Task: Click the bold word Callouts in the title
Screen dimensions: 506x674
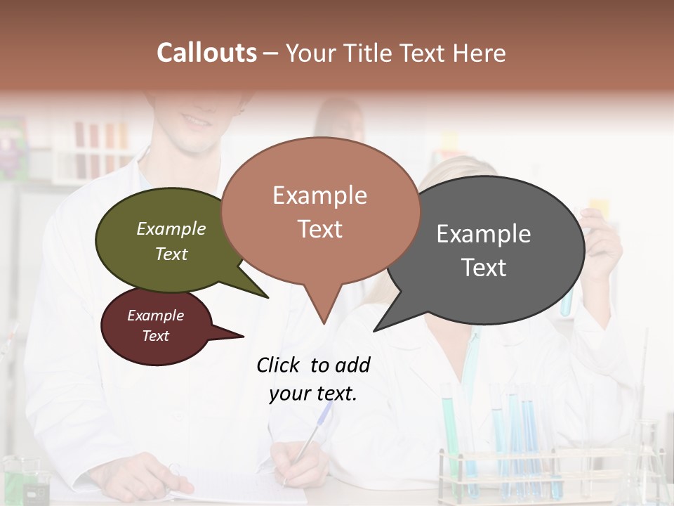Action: tap(206, 53)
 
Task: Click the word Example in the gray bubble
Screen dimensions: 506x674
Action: tap(483, 234)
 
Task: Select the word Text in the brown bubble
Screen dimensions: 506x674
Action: tap(319, 229)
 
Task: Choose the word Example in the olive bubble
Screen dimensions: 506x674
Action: tap(171, 229)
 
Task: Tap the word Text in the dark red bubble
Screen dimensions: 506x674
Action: tap(155, 336)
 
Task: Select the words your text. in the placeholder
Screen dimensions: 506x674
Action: tap(312, 394)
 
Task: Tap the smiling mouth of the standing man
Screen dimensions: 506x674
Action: tap(197, 122)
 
